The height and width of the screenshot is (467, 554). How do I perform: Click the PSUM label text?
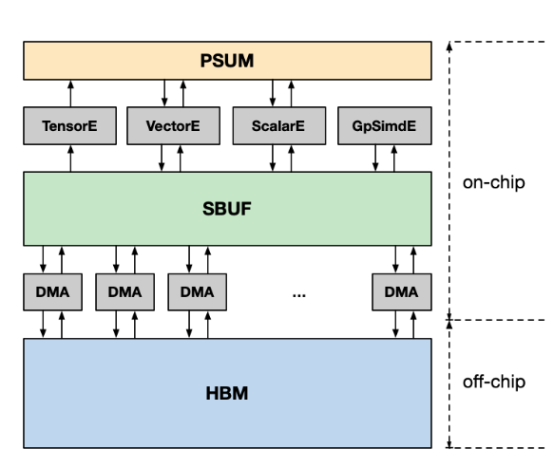[x=227, y=61]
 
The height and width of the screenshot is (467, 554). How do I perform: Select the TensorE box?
[x=70, y=125]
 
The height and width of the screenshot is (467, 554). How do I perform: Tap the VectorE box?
[x=174, y=125]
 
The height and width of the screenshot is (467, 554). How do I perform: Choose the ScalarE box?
[x=279, y=125]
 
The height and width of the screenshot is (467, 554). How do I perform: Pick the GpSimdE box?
[x=385, y=125]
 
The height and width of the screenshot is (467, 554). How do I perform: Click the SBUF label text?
[x=227, y=209]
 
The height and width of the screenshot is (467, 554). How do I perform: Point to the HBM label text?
[x=227, y=393]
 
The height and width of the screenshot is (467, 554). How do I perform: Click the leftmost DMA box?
[x=52, y=292]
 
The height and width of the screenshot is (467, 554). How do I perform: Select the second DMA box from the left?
[x=125, y=292]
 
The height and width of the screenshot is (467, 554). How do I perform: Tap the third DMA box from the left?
[x=197, y=292]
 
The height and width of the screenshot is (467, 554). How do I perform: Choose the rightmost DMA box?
[x=402, y=292]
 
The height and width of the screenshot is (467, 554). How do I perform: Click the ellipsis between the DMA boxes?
[x=299, y=295]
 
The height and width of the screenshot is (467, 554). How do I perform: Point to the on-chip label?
[x=493, y=183]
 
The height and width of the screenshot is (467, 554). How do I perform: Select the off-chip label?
[x=494, y=382]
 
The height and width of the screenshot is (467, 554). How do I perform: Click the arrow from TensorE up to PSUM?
[x=70, y=94]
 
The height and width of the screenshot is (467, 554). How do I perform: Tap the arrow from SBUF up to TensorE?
[x=70, y=159]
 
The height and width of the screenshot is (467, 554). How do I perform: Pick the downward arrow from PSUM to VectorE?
[x=164, y=93]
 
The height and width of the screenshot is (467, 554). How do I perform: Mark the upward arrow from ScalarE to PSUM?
[x=291, y=94]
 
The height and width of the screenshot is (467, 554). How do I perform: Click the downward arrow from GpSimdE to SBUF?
[x=375, y=158]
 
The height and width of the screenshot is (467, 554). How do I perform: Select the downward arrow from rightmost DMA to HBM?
[x=395, y=324]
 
